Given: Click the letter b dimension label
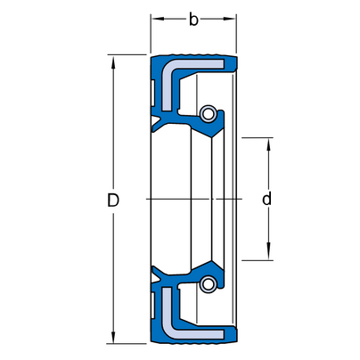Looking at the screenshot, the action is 193,20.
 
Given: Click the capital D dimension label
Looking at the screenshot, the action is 113,200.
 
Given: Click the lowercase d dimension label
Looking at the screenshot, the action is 266,199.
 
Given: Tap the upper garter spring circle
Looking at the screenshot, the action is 208,113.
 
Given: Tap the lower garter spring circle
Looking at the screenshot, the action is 208,284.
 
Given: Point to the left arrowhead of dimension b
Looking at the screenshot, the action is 158,19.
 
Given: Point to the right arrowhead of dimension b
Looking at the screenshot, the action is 230,19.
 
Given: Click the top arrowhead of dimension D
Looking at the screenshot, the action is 113,61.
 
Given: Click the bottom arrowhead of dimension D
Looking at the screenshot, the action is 113,337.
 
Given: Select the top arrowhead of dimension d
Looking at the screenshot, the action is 268,144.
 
